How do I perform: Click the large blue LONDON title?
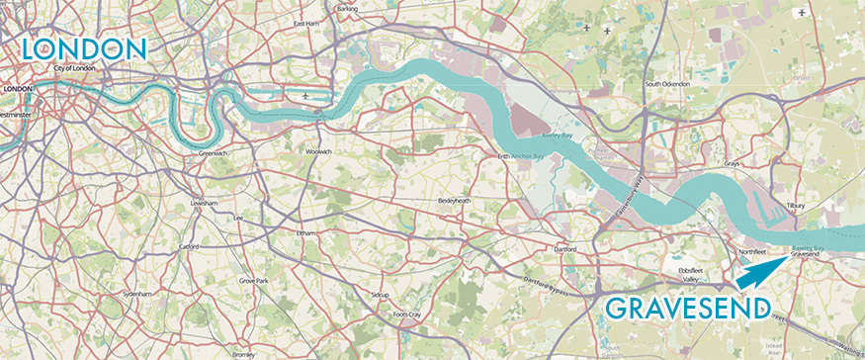(83, 48)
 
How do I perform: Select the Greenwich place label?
(214, 154)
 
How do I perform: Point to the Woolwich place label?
(318, 151)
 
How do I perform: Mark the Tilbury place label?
(796, 206)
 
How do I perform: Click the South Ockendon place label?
(665, 84)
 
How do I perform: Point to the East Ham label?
(306, 22)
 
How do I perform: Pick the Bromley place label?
(243, 353)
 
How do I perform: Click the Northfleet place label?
(753, 252)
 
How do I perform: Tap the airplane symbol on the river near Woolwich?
(305, 96)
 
